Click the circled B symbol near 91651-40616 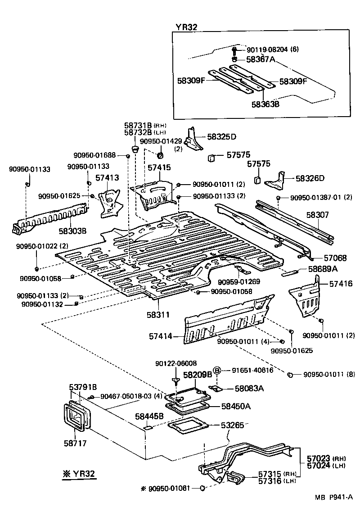coord(216,370)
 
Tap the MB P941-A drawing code coord(333,510)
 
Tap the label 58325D coord(222,136)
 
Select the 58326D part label coord(310,178)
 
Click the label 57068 coord(335,258)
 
